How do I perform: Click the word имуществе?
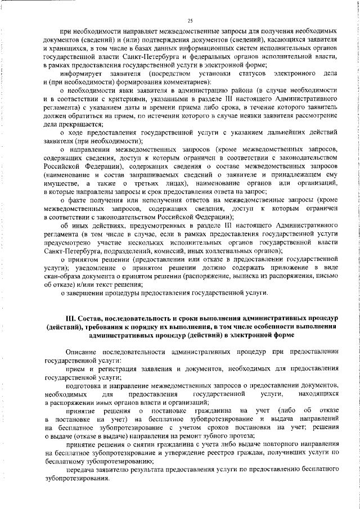point(63,184)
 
